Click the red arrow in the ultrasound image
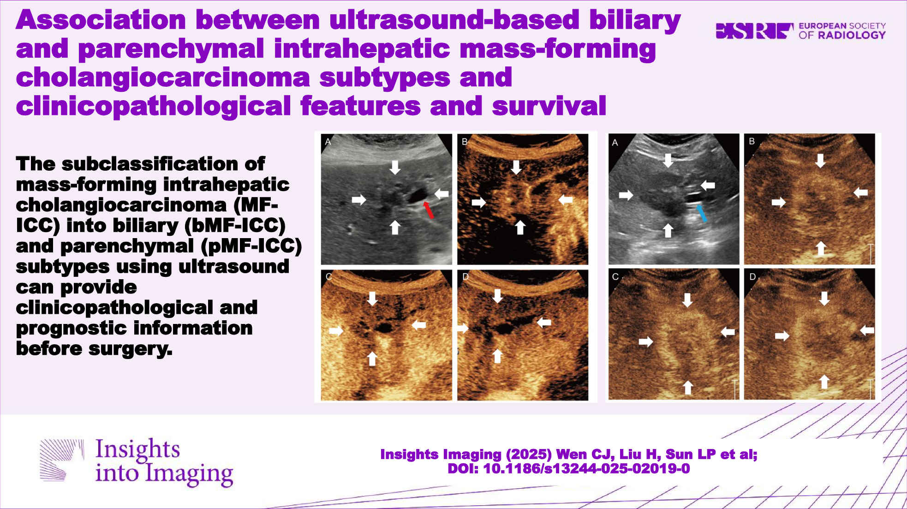point(429,210)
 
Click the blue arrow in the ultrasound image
point(701,213)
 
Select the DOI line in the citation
point(569,469)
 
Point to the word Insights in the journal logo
point(137,449)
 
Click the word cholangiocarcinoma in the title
point(163,78)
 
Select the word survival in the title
point(549,106)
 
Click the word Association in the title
point(101,20)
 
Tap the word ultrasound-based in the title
point(454,20)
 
